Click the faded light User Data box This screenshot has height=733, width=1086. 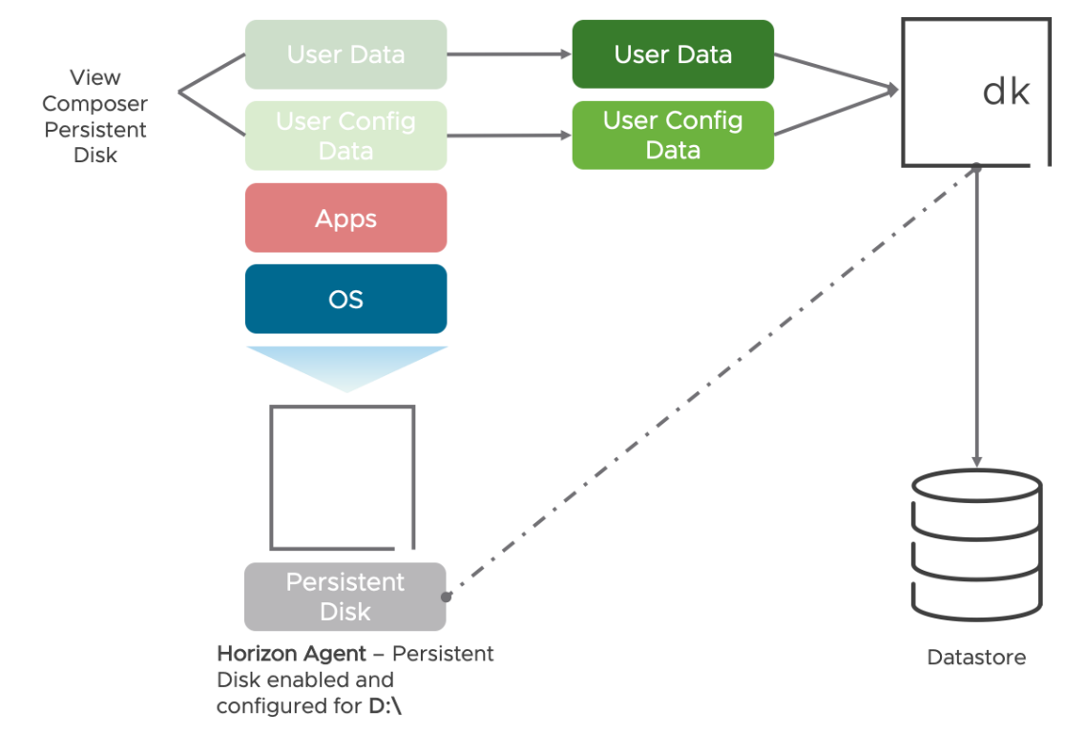pos(345,54)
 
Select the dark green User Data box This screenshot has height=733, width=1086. pos(673,54)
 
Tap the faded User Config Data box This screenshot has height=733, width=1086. pos(345,136)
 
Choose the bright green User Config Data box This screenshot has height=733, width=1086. pos(673,136)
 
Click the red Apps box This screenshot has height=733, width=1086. pos(345,219)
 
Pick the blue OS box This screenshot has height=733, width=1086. pos(345,300)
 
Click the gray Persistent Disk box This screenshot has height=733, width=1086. pos(345,597)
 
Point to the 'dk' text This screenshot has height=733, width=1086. pos(1006,92)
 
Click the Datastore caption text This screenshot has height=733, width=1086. pos(976,658)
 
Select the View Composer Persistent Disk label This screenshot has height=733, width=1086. pos(95,116)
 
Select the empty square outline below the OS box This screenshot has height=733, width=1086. pos(343,477)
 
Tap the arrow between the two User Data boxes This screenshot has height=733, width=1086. pos(509,54)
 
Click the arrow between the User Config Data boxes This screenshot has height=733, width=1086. pos(509,136)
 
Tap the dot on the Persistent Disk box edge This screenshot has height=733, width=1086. pos(446,597)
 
